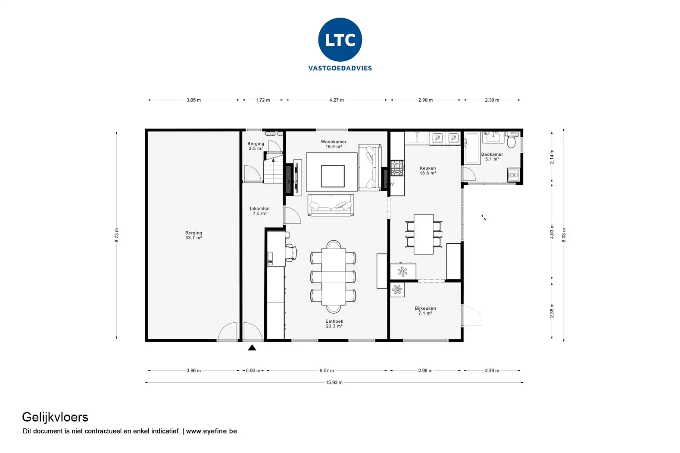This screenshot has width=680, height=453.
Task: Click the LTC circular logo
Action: pos(340,40)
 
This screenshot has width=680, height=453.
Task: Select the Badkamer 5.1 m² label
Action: pos(492,157)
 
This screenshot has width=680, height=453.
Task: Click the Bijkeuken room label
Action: pos(425,311)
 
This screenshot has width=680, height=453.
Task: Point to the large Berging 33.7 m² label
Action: pos(193,235)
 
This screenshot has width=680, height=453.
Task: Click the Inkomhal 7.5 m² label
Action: pos(259,211)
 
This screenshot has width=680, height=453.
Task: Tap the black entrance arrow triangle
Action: pos(252,348)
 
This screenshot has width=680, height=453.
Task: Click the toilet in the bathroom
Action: pos(512,140)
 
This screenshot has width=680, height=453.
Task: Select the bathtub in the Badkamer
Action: pos(472,148)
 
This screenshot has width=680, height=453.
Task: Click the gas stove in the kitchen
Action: pos(397,168)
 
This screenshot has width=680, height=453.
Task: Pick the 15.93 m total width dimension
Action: pos(334,382)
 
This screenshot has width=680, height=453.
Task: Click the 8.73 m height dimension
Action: pos(117,235)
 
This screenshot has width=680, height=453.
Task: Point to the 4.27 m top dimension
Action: pos(336,100)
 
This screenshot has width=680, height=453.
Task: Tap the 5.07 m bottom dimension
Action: pos(327,371)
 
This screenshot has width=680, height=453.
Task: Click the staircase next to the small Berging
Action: pos(273,171)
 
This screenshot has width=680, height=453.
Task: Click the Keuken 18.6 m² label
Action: pos(427,171)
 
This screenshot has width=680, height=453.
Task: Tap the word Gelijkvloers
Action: pos(55,417)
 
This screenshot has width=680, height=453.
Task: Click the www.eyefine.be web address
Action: pos(211,431)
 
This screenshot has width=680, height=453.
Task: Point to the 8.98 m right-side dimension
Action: pos(564,235)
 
